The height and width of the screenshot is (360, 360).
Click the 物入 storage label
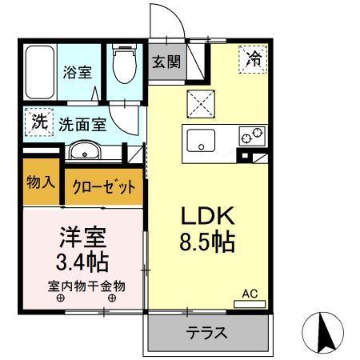40,182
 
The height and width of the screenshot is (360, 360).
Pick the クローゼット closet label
103,187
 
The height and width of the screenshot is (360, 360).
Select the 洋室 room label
83,237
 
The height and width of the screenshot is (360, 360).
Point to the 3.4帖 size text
83,261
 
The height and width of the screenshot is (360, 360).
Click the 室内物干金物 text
85,286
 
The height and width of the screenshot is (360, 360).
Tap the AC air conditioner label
251,294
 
